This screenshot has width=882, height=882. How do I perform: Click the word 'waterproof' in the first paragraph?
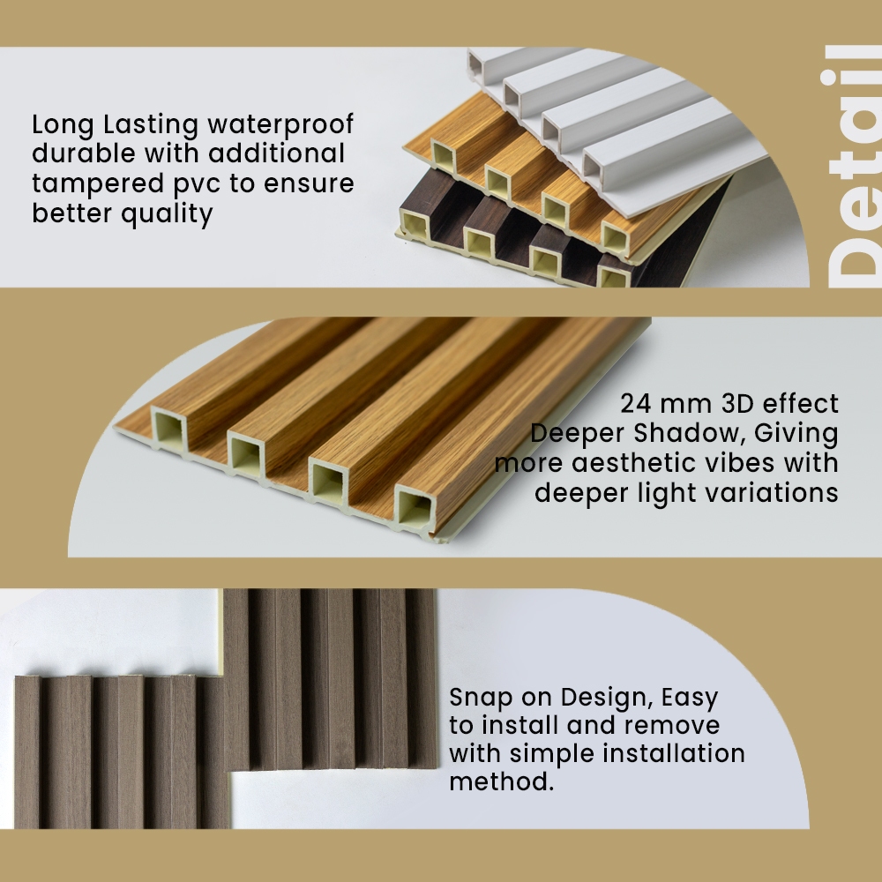click(280, 125)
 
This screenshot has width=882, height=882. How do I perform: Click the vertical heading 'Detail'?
click(853, 167)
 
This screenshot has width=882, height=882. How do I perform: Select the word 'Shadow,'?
click(690, 434)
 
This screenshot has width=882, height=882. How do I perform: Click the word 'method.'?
click(502, 781)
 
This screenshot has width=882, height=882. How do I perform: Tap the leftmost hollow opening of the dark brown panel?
click(415, 223)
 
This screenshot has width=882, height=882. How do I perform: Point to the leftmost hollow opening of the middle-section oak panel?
click(168, 430)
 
